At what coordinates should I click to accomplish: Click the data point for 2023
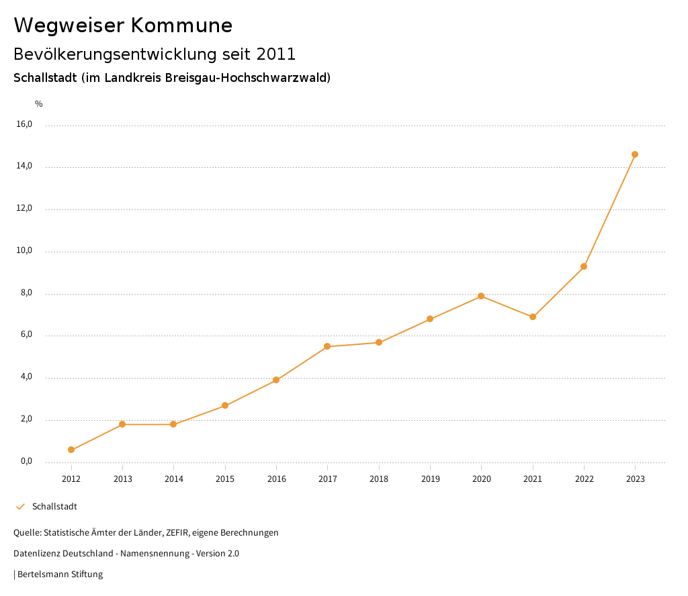[635, 154]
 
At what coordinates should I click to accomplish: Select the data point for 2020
[481, 296]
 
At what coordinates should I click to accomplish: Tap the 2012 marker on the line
[71, 450]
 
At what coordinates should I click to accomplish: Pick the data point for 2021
[533, 317]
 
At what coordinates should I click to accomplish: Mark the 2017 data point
[327, 346]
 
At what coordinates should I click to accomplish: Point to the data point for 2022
[584, 266]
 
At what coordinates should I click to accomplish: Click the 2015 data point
[225, 405]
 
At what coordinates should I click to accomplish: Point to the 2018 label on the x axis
[379, 479]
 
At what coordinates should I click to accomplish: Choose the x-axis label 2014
[173, 479]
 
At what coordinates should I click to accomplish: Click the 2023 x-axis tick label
[635, 479]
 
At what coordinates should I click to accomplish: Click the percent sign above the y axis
[39, 104]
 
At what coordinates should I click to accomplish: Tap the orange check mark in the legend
[20, 507]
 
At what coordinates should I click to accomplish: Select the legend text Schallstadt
[54, 507]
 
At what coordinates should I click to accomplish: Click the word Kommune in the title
[181, 26]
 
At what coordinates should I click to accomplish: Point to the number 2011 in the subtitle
[276, 54]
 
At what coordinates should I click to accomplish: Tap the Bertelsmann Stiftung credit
[60, 575]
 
